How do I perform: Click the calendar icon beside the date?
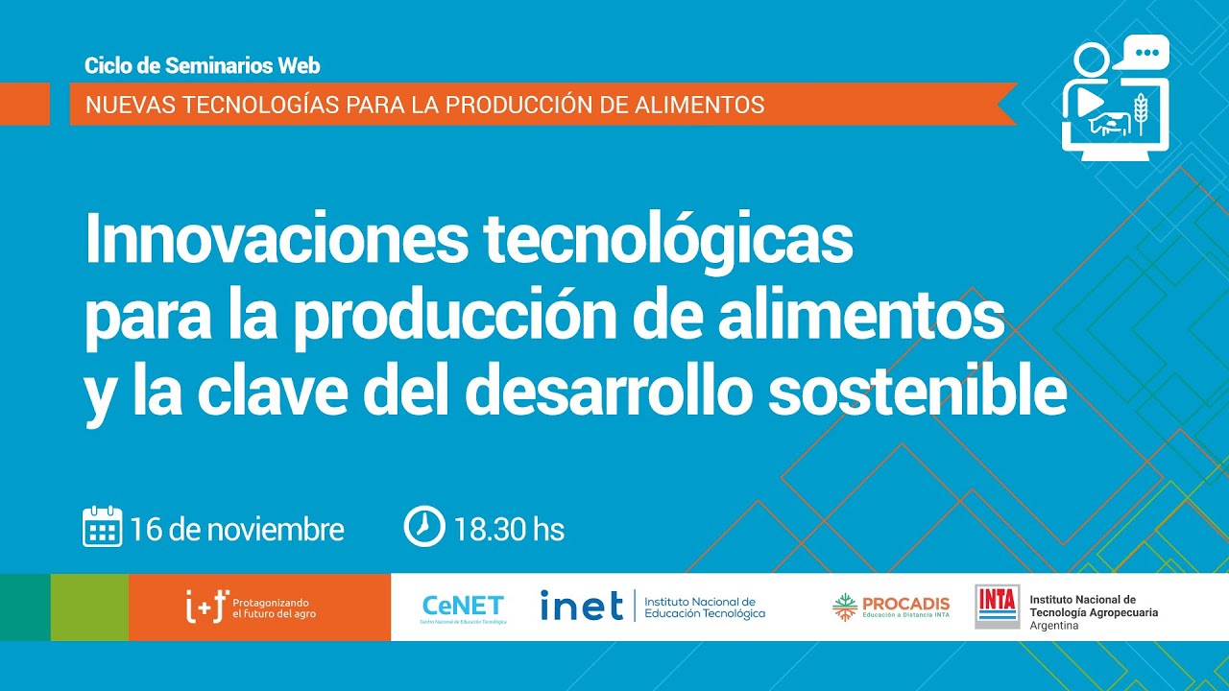[x=102, y=527]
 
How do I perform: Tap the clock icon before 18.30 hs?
[x=423, y=527]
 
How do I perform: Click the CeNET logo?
[x=463, y=606]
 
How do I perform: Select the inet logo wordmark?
[x=581, y=606]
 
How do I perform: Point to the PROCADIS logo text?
[x=905, y=604]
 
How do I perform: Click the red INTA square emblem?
[x=997, y=606]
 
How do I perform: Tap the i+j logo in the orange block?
[x=205, y=607]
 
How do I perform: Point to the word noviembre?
[x=276, y=529]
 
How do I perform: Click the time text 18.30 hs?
[x=509, y=529]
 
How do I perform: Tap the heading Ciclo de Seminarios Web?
[x=202, y=66]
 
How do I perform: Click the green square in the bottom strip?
[x=89, y=607]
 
